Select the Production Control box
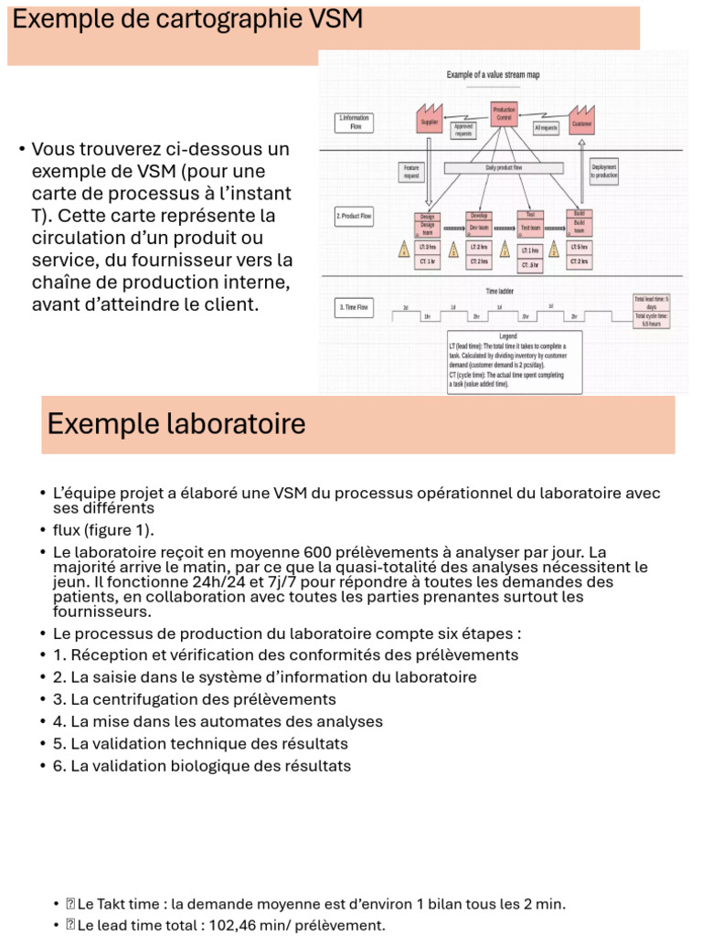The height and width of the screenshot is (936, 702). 504,114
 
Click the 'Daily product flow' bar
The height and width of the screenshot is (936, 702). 504,168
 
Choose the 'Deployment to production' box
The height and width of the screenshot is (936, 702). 603,171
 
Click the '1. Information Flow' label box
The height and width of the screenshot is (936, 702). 355,122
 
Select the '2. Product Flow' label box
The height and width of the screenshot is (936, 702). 355,217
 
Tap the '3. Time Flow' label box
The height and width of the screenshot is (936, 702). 354,308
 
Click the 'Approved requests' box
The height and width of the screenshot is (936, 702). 463,130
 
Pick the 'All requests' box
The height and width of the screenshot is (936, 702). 546,129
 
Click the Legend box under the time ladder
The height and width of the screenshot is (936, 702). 514,362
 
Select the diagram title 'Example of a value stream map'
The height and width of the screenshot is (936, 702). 492,75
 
